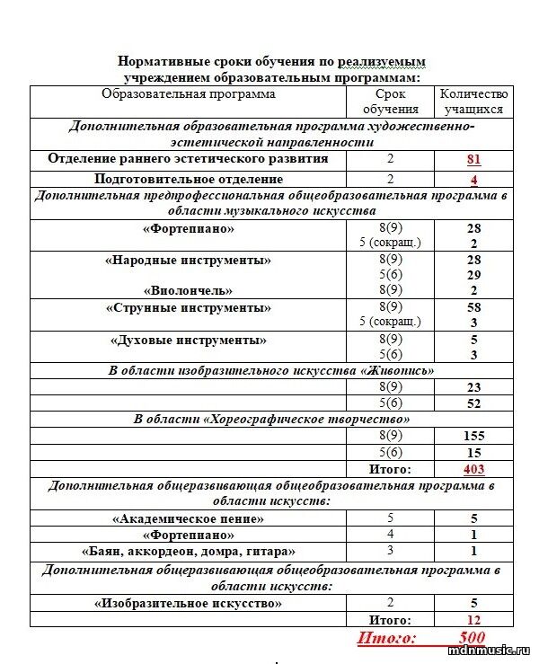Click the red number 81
473,160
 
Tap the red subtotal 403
473,469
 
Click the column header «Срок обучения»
391,102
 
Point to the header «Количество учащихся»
473,102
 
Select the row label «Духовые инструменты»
188,341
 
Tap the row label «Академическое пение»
188,518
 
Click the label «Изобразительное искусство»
188,604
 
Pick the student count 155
473,436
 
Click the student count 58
473,307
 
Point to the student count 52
473,403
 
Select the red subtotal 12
473,620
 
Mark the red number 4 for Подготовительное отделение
473,179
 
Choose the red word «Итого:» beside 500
387,638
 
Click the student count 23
473,387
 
